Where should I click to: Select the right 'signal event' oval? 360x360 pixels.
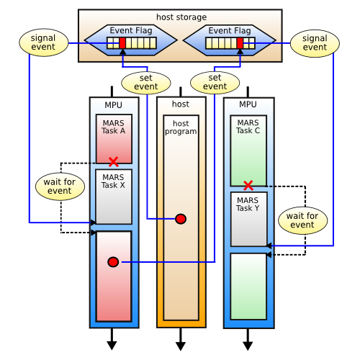point(315,42)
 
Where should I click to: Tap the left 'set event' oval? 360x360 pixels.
point(146,83)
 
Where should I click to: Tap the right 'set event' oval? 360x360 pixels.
point(214,83)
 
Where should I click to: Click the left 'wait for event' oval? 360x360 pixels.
point(59,186)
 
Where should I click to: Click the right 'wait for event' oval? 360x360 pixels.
point(302,221)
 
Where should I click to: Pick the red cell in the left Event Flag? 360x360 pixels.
point(122,43)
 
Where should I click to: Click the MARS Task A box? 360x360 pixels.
point(114,137)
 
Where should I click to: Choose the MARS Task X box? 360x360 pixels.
point(114,196)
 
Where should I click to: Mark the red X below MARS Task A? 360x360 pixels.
point(113,161)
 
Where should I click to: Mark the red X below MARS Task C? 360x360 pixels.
point(248,185)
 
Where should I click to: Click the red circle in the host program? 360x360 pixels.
point(181,219)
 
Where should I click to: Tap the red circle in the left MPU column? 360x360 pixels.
point(113,262)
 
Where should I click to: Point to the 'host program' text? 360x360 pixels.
point(181,128)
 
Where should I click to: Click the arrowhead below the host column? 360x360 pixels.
point(181,344)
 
